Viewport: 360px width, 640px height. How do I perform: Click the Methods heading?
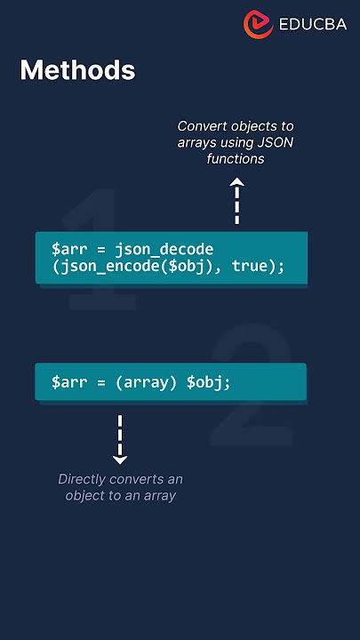click(x=77, y=70)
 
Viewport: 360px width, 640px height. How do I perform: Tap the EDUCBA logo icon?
click(x=258, y=25)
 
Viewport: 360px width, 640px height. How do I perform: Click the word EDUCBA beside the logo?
click(x=313, y=25)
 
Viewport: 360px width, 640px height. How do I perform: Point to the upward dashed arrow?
click(x=236, y=200)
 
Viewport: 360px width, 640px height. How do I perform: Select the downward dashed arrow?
click(x=120, y=440)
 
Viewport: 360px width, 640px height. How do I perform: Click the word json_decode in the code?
click(x=164, y=250)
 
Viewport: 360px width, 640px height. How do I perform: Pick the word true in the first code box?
click(x=250, y=266)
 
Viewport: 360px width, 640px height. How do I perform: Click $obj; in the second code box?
click(x=209, y=383)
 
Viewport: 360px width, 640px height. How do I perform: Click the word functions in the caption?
click(x=236, y=159)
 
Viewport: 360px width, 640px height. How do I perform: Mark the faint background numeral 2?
click(x=252, y=385)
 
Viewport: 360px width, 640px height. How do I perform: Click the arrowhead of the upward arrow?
click(x=236, y=181)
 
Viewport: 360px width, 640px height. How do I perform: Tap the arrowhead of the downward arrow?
click(x=120, y=460)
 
